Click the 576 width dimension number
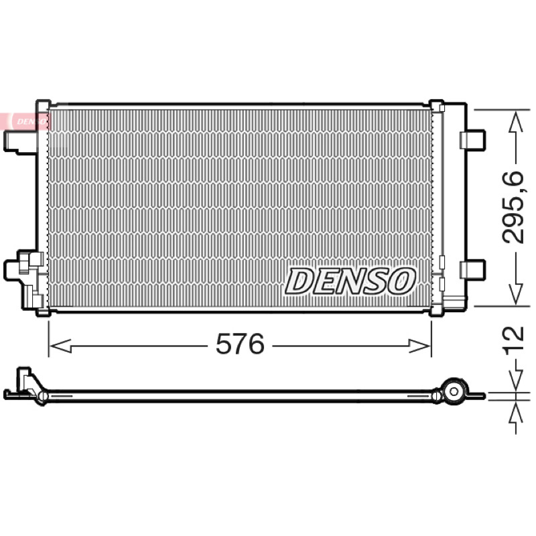(240, 344)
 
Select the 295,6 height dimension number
(513, 207)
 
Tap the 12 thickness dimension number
(513, 338)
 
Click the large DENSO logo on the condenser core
(350, 281)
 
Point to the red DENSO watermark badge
(25, 121)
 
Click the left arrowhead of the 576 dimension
(60, 346)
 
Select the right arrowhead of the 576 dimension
(420, 346)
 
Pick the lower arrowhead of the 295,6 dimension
(516, 294)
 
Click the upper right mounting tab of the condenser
(472, 139)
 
